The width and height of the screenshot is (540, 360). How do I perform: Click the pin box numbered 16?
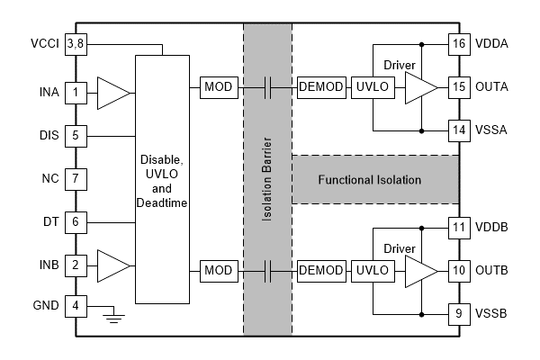click(x=460, y=42)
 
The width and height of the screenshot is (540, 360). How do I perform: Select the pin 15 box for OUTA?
click(x=460, y=87)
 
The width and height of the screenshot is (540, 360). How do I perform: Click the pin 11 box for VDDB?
click(x=460, y=227)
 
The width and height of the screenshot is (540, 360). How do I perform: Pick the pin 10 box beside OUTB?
click(x=460, y=270)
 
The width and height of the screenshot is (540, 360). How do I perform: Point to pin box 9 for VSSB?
click(x=460, y=314)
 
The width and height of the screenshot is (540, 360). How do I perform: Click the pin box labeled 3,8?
click(x=76, y=43)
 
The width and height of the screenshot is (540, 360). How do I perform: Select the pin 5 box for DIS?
click(x=76, y=136)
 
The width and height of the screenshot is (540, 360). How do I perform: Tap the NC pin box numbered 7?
click(x=76, y=178)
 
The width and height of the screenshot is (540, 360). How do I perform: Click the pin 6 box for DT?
click(x=76, y=221)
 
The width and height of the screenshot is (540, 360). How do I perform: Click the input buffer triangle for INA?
click(x=111, y=92)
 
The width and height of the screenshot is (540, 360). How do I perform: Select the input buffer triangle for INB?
click(x=111, y=265)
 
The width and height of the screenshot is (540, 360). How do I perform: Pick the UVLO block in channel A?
click(x=371, y=87)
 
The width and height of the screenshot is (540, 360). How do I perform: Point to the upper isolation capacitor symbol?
click(x=267, y=87)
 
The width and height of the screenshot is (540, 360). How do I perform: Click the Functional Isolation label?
click(x=369, y=180)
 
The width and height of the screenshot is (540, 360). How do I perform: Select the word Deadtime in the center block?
click(x=163, y=203)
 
